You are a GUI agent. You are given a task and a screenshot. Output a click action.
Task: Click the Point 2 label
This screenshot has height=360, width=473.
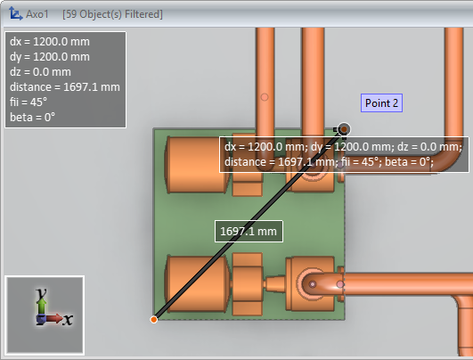(381, 102)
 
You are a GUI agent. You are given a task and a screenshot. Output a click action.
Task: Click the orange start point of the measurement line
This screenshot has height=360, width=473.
(154, 320)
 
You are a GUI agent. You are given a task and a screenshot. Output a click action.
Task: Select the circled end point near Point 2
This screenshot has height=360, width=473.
(344, 129)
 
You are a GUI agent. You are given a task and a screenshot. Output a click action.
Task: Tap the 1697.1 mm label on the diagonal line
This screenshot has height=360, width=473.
(249, 231)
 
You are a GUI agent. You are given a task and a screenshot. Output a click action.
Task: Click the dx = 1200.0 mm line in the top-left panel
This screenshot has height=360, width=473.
(50, 42)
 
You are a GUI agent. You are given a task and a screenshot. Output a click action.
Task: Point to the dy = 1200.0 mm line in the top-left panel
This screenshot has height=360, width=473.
(50, 57)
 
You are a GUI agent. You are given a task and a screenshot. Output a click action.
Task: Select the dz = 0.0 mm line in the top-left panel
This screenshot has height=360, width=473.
(40, 72)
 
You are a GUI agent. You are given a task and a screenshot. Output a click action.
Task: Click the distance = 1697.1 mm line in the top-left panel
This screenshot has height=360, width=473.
(65, 87)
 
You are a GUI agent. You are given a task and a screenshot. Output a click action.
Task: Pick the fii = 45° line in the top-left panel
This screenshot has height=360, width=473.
(29, 102)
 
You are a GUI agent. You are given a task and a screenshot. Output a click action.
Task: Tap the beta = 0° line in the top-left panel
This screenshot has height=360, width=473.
(32, 117)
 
